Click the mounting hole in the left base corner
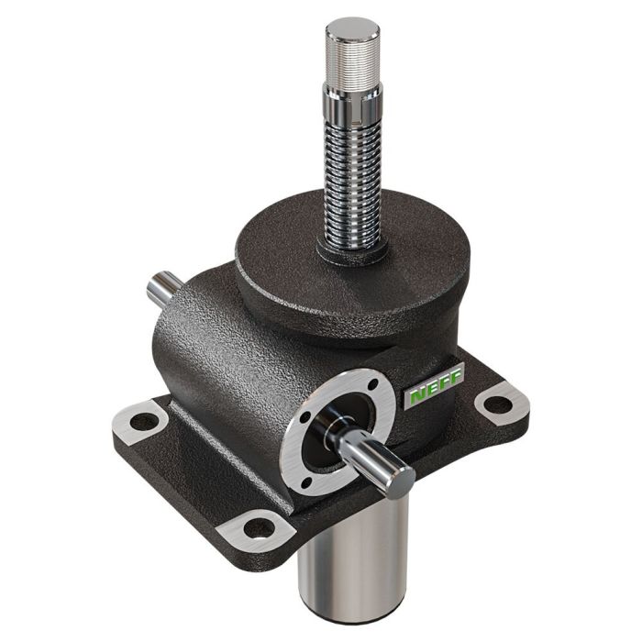(x=144, y=423)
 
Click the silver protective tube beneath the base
(x=353, y=559)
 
